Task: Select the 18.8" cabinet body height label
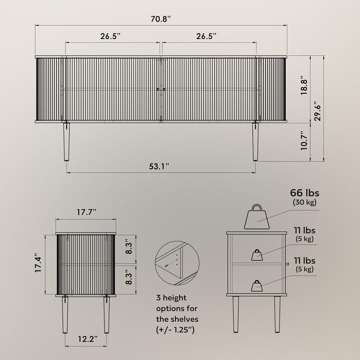[x=305, y=85]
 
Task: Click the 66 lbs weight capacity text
[x=304, y=193]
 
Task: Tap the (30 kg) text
[x=304, y=202]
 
